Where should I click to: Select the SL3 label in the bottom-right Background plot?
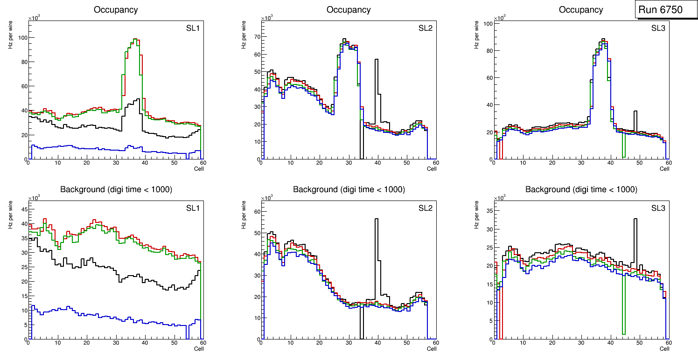point(658,208)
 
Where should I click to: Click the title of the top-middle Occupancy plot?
point(349,9)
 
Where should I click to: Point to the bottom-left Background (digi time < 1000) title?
point(116,189)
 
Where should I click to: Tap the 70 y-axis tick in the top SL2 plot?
point(255,36)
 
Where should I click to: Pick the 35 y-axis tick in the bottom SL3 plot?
point(488,211)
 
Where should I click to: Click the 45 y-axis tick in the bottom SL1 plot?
point(22,209)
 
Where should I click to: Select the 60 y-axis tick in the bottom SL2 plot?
point(255,212)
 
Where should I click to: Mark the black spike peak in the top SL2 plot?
point(376,59)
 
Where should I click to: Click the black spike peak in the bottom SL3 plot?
point(635,219)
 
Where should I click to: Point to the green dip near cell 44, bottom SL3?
point(623,334)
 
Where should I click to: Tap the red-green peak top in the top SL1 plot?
point(135,39)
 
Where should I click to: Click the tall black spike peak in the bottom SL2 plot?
point(376,219)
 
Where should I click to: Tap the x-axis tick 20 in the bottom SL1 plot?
point(87,343)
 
